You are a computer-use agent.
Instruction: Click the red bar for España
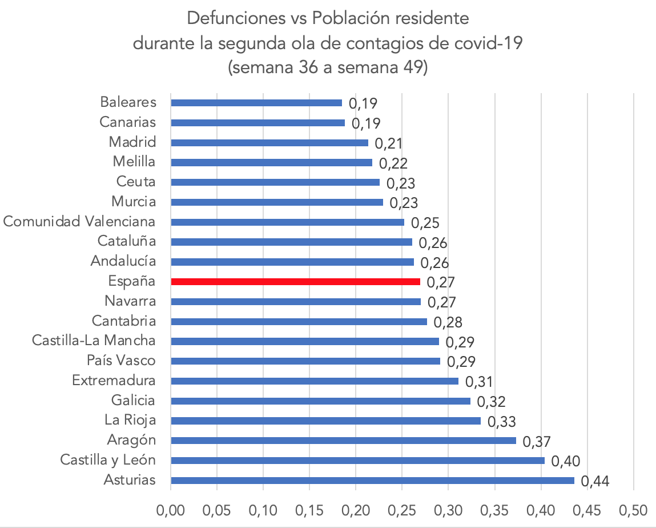click(295, 282)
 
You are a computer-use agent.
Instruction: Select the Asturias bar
click(372, 481)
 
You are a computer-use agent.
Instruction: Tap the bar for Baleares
click(256, 103)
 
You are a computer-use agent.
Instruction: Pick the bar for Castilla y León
click(357, 461)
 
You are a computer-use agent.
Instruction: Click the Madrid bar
click(269, 142)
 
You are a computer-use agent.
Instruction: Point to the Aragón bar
click(343, 441)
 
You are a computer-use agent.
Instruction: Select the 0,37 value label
click(537, 442)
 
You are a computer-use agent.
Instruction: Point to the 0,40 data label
click(566, 462)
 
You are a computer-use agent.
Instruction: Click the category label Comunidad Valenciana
click(79, 222)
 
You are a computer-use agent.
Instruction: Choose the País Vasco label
click(121, 361)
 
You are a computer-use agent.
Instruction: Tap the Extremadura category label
click(114, 381)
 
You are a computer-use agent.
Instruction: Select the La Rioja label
click(130, 421)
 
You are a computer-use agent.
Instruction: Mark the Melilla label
click(134, 162)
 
